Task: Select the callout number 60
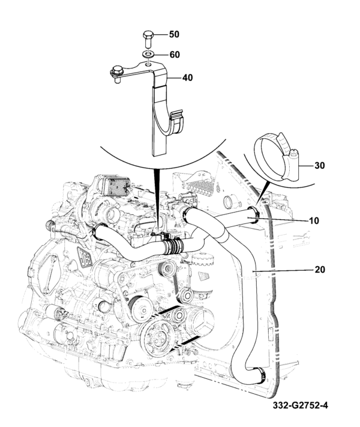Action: coord(174,54)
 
